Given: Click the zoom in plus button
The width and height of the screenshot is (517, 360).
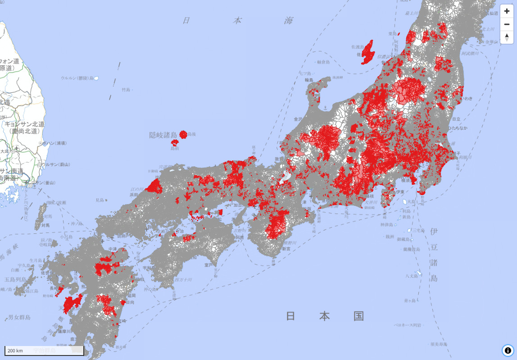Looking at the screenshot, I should click(x=507, y=11).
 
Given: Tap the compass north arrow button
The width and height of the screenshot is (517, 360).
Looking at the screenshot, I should click(x=507, y=37).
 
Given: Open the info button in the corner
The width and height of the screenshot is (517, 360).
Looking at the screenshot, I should click(x=508, y=350).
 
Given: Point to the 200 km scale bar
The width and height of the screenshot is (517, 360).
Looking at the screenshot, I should click(x=44, y=350).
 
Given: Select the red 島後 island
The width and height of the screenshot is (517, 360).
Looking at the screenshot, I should click(x=183, y=134).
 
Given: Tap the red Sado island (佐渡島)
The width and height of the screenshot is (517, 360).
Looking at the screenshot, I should click(x=368, y=52).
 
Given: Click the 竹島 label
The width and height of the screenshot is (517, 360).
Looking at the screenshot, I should click(x=126, y=90).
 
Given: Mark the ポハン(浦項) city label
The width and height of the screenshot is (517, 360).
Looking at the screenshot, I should click(x=55, y=143).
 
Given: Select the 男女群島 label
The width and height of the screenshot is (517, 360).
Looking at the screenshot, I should click(x=19, y=317).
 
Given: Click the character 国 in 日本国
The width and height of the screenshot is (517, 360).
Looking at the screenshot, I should click(x=358, y=316).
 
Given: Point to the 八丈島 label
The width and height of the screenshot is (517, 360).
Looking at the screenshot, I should click(x=411, y=276).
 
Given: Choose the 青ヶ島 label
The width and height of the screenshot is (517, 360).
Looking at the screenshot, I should click(x=409, y=300).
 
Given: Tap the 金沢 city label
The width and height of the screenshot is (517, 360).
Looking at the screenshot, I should click(x=298, y=119).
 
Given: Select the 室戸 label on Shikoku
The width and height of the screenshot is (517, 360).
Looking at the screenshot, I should click(x=208, y=265).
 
